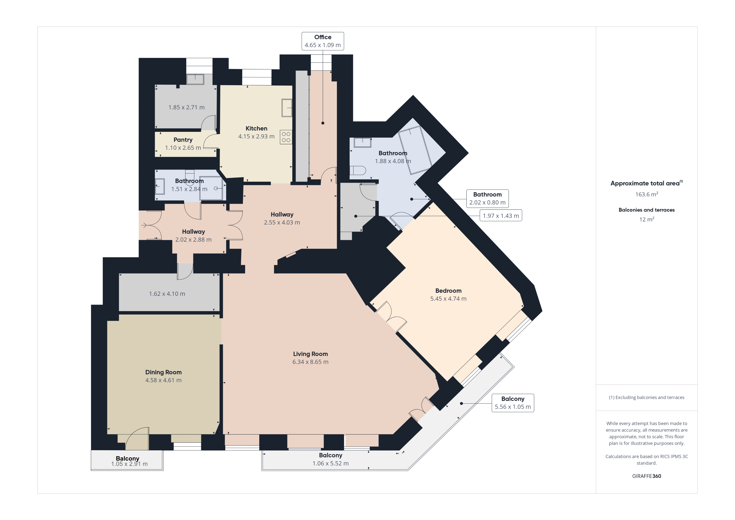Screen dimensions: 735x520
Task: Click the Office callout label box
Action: pyautogui.click(x=323, y=41)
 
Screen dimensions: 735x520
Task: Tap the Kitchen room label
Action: pyautogui.click(x=256, y=128)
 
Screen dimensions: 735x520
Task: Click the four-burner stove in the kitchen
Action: pyautogui.click(x=286, y=137)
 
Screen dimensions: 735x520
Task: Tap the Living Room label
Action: pyautogui.click(x=311, y=354)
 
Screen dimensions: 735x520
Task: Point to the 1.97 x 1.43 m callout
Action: pyautogui.click(x=501, y=216)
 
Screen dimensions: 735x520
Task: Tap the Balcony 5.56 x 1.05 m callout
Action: pyautogui.click(x=513, y=403)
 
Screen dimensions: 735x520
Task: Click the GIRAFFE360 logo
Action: pyautogui.click(x=647, y=476)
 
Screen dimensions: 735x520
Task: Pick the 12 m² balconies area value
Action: pyautogui.click(x=647, y=219)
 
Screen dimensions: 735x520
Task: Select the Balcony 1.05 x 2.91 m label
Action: pyautogui.click(x=128, y=461)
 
